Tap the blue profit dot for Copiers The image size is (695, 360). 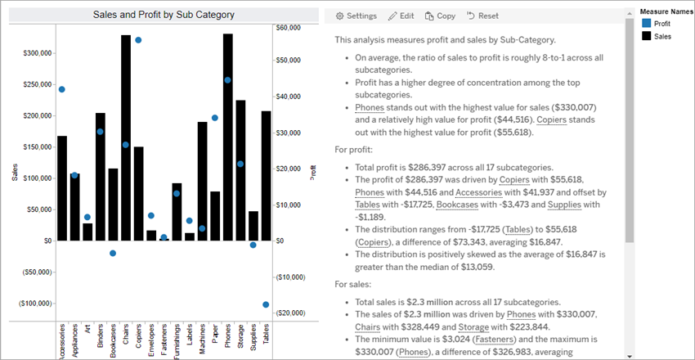138,40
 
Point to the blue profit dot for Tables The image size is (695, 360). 266,304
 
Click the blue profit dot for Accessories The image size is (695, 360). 62,89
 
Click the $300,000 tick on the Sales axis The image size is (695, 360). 31,53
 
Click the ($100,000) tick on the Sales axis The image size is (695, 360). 29,304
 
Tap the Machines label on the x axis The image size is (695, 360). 202,337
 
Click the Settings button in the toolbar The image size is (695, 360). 356,16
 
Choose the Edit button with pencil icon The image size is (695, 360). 401,16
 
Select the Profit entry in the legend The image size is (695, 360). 662,25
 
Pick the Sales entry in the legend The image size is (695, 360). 661,37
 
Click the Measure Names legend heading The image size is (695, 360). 666,12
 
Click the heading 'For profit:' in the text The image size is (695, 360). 354,150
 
